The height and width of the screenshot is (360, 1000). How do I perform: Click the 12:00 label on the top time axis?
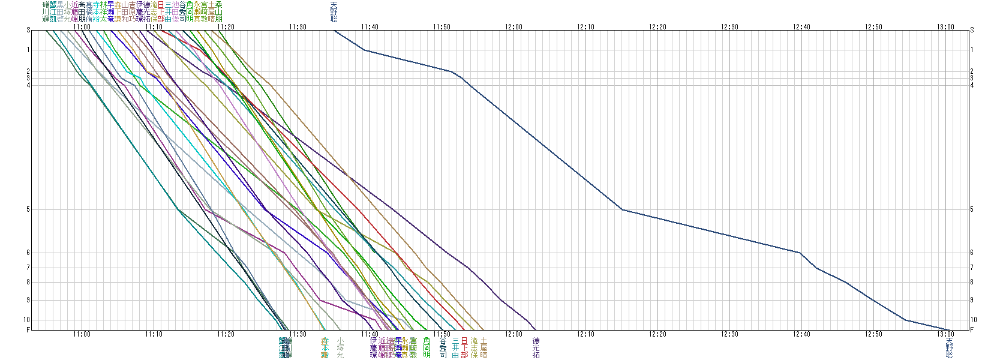click(513, 26)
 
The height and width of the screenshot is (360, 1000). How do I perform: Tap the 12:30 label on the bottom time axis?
click(729, 334)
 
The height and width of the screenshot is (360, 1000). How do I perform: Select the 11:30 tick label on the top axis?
click(298, 26)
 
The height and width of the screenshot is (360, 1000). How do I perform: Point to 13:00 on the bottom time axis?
click(945, 334)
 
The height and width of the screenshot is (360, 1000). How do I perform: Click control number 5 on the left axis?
click(28, 209)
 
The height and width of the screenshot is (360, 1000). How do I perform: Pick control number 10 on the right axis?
click(974, 320)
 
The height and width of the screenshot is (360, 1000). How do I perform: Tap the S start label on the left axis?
click(28, 30)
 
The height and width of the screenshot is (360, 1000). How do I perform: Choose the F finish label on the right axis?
click(972, 330)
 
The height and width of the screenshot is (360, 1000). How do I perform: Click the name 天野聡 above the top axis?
click(334, 12)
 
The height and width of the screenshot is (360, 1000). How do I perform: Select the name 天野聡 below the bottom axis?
click(949, 347)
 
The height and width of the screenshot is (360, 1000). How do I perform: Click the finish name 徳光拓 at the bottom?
click(536, 347)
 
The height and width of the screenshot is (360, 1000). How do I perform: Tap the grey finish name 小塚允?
click(340, 347)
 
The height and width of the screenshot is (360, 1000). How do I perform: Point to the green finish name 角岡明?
click(427, 347)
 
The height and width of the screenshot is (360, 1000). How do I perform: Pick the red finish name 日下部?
click(464, 347)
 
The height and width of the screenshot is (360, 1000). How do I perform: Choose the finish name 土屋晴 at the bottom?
click(484, 347)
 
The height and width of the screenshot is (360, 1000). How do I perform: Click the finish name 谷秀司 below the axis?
click(443, 347)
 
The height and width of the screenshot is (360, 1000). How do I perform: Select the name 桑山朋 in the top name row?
click(219, 12)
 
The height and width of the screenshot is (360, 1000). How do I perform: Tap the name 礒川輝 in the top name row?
click(46, 12)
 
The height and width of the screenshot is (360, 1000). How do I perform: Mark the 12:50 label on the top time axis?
click(873, 26)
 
